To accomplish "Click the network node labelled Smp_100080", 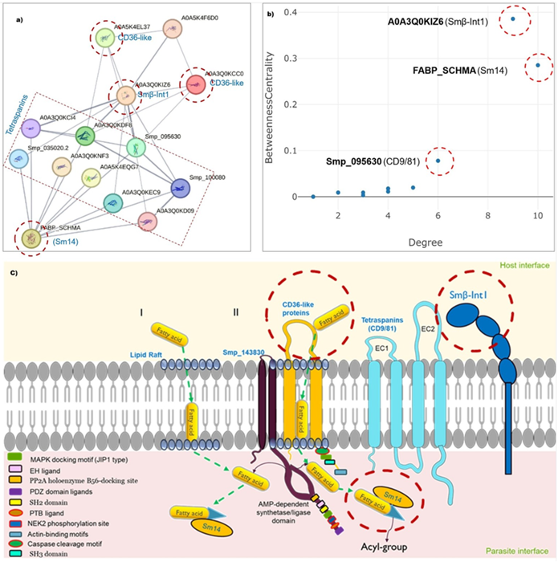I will coord(181,188).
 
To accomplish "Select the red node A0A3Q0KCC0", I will coord(195,83).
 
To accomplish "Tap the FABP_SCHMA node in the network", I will coord(32,238).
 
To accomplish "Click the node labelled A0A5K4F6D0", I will coord(172,29).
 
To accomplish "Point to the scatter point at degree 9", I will coord(513,18).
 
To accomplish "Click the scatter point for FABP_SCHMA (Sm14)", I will coord(538,65).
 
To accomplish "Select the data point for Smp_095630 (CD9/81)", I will coord(438,161).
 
